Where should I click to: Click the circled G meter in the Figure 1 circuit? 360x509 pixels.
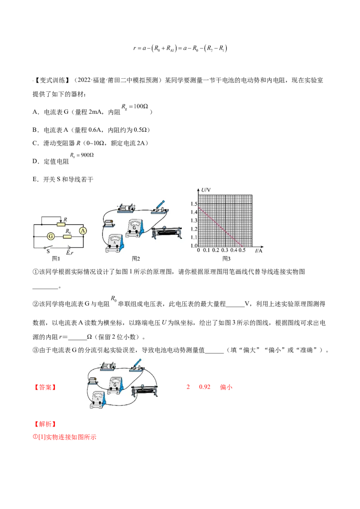coord(51,237)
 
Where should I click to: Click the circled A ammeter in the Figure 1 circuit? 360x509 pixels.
coord(83,231)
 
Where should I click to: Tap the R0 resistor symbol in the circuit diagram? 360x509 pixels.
coord(67,237)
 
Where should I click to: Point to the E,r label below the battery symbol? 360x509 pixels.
coord(70,253)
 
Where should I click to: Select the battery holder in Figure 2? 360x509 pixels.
coord(126,208)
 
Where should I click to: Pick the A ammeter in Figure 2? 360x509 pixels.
coord(115,243)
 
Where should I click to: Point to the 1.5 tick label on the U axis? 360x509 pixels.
coord(194,204)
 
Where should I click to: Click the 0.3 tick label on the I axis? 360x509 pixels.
coord(225,250)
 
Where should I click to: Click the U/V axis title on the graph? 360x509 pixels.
coord(206,190)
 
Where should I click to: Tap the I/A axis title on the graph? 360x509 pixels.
coord(259,250)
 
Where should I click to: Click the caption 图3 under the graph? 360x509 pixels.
coord(226,259)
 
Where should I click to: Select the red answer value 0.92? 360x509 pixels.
coord(205,387)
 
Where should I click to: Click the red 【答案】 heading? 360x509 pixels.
coord(45,387)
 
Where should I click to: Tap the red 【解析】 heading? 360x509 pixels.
coord(45,424)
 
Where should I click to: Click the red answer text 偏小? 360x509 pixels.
coord(226,387)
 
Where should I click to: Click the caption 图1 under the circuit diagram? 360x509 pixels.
coord(56,259)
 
